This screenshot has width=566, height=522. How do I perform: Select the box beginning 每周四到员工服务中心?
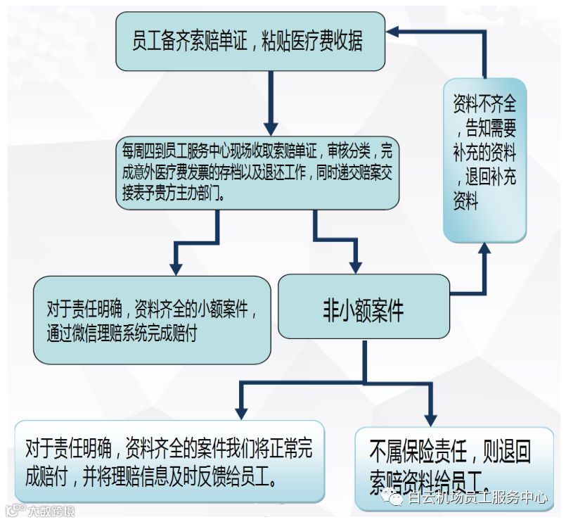click(x=258, y=173)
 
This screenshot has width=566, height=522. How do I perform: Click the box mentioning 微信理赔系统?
click(x=152, y=320)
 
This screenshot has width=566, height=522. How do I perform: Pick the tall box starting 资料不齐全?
click(x=484, y=160)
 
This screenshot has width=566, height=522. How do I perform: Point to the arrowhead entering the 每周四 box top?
click(x=268, y=127)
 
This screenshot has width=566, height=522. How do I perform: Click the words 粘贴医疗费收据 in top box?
click(x=314, y=42)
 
